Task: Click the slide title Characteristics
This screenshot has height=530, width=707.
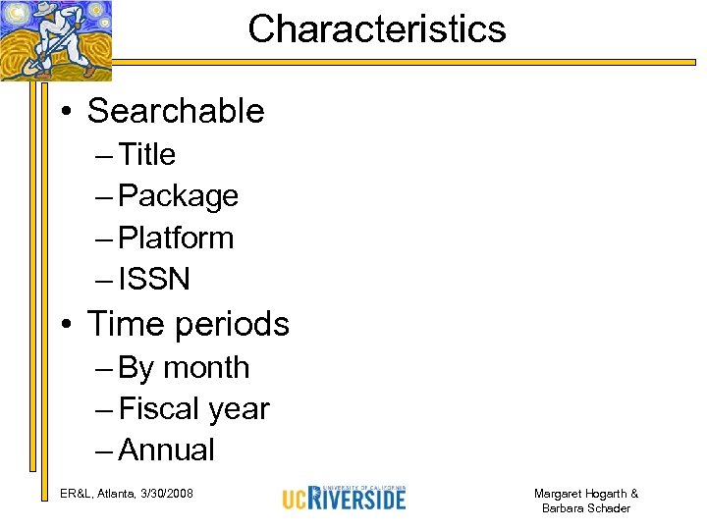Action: [377, 29]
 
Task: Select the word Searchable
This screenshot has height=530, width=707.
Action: [176, 111]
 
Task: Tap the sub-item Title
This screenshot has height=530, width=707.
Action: [146, 154]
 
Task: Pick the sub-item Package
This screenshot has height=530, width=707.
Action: [178, 196]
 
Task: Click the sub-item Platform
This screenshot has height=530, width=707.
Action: [176, 238]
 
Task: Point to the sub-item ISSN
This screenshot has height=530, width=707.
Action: [153, 280]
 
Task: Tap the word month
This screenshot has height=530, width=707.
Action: [206, 367]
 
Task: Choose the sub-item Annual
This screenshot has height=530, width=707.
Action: [166, 450]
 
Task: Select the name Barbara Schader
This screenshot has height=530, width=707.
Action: [585, 508]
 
